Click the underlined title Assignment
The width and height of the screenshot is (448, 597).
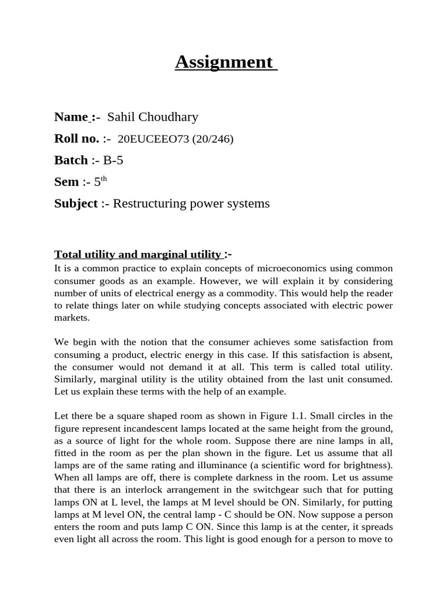(224, 62)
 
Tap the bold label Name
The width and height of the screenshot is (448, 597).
(71, 117)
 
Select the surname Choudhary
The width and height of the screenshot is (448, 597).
(169, 117)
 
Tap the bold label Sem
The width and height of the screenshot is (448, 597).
(66, 182)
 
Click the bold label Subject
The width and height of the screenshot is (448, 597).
(76, 203)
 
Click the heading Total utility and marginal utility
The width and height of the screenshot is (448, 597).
(138, 254)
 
